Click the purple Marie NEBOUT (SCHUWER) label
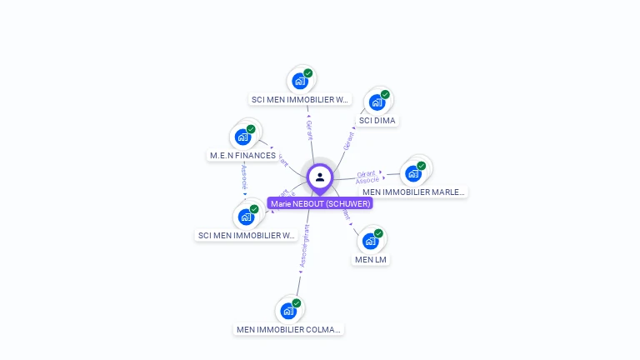(320, 203)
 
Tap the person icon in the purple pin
(320, 177)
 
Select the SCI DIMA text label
(377, 121)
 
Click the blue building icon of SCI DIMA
(377, 102)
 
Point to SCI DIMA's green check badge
(385, 94)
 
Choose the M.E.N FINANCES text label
(242, 156)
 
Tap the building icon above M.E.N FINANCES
(243, 137)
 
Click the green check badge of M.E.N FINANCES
(251, 129)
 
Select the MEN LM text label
(372, 260)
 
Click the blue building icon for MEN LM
(371, 242)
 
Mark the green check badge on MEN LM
(378, 233)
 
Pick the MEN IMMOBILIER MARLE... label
(413, 192)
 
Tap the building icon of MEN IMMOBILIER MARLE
(412, 173)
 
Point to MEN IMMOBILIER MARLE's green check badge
(421, 166)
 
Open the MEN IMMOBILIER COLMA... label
(288, 330)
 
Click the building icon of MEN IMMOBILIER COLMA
(288, 312)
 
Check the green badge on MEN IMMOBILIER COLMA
(296, 303)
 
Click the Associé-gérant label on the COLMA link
(304, 247)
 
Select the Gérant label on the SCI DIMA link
(348, 141)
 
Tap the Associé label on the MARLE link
(367, 181)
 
